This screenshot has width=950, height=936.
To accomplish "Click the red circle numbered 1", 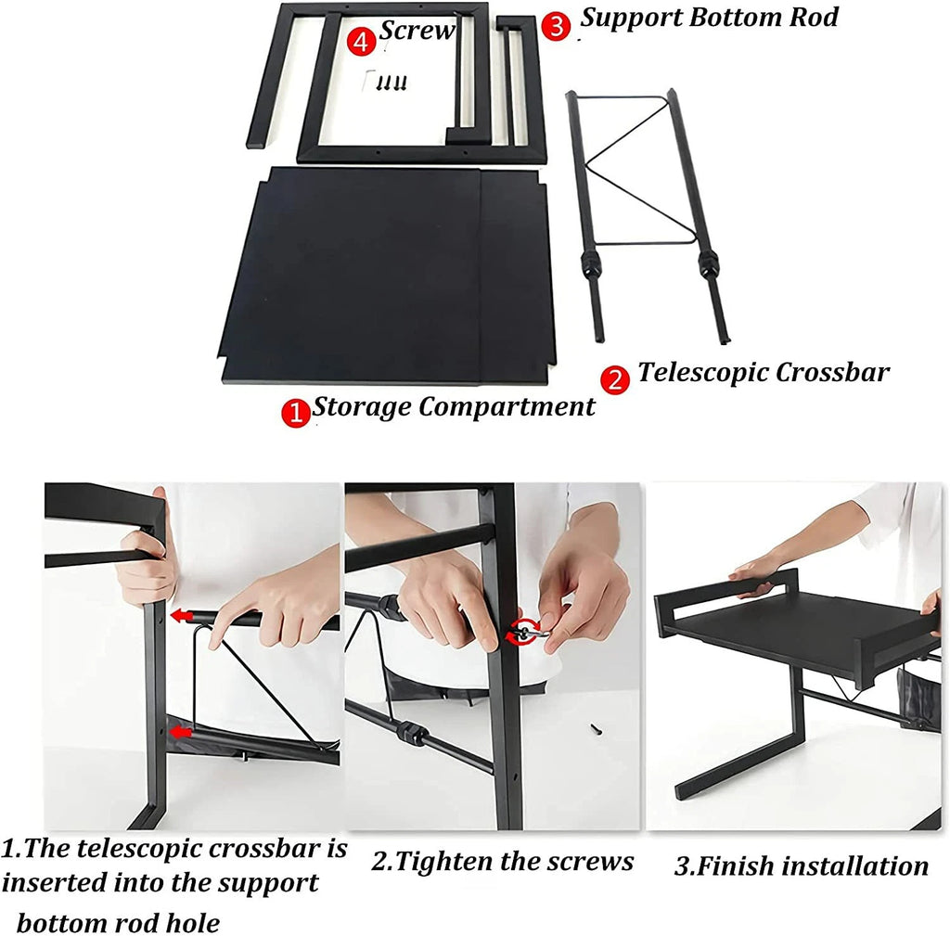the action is [296, 413].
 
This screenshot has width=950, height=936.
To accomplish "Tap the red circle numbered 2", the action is [615, 379].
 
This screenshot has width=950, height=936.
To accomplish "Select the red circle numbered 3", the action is [557, 27].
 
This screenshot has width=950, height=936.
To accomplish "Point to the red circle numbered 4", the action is [361, 42].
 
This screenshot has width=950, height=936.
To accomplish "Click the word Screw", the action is [417, 31].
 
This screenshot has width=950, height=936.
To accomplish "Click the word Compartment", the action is [507, 407].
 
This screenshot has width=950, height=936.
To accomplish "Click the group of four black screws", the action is [392, 83].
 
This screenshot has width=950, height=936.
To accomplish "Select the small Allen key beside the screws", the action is [366, 79].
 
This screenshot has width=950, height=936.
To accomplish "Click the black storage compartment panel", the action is [388, 276].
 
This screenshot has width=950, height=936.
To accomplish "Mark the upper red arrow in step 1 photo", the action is [181, 616].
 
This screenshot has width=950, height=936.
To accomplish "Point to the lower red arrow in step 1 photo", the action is [181, 733].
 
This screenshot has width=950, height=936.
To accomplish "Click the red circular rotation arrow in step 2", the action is [521, 632].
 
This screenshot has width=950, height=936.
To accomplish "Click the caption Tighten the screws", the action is [502, 862].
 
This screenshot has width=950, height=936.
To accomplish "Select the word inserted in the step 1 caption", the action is [54, 883].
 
